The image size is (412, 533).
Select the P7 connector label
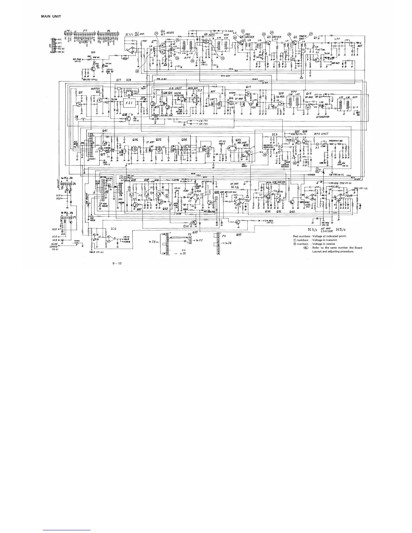click(85, 30)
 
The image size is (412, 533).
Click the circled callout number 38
click(137, 71)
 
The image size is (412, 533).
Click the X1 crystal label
click(317, 147)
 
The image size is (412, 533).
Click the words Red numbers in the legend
click(301, 236)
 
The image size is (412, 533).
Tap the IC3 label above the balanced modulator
click(275, 134)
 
